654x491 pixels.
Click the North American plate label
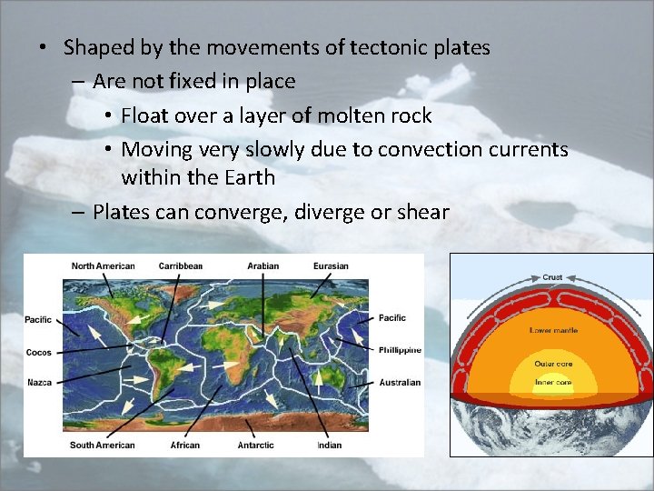click(104, 266)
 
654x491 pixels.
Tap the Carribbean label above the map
click(180, 266)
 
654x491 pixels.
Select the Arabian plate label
click(263, 266)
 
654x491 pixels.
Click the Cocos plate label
click(39, 352)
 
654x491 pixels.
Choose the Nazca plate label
click(39, 382)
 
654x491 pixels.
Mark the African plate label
click(184, 445)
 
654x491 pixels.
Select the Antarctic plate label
click(255, 445)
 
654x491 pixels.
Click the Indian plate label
click(329, 445)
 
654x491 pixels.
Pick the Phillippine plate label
click(400, 349)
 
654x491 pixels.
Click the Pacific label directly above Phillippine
click(391, 317)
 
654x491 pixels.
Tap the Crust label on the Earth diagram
click(552, 276)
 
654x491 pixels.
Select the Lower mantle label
click(552, 329)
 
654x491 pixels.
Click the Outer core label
click(551, 364)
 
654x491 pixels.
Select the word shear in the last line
click(422, 212)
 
